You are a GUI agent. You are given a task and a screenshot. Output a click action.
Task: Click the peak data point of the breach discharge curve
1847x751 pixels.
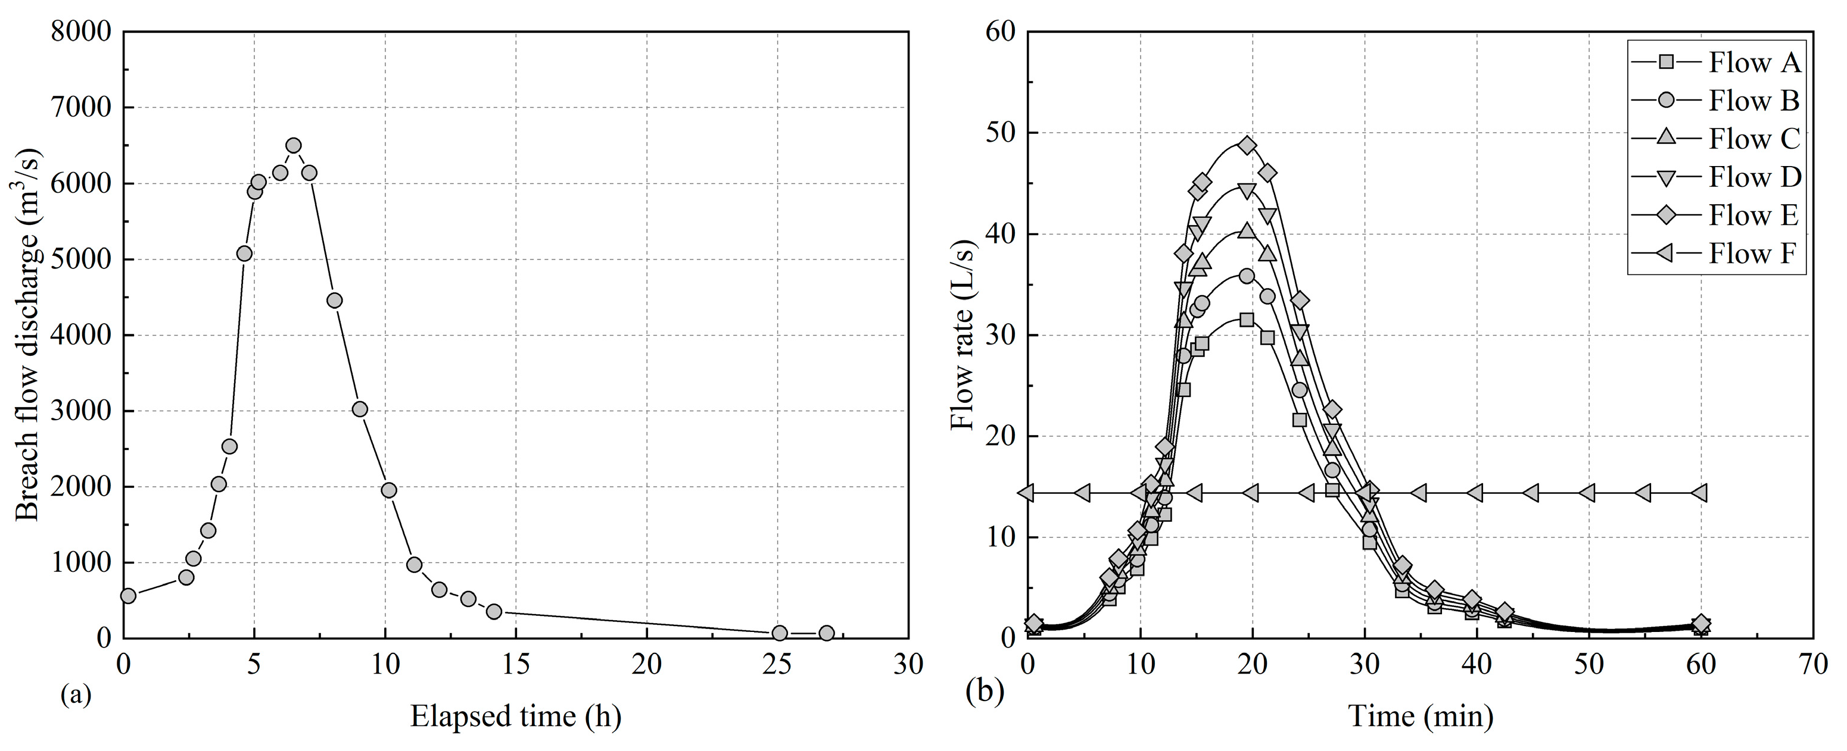coord(293,145)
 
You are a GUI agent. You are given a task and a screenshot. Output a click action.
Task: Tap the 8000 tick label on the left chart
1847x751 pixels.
coord(81,32)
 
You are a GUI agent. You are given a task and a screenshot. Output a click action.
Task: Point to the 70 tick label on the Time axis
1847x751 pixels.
coord(1813,665)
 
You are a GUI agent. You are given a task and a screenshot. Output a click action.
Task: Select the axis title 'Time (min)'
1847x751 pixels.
coord(1421,716)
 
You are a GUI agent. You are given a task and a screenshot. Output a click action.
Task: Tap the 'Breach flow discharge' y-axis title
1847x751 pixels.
coord(29,334)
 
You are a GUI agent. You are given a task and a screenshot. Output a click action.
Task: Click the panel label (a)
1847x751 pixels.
coord(77,694)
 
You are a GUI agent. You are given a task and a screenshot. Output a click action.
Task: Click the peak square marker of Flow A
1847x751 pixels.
coord(1247,320)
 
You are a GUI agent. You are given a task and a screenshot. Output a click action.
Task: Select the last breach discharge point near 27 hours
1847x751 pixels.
coord(826,633)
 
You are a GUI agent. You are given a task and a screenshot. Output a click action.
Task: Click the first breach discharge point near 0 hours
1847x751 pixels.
coord(128,596)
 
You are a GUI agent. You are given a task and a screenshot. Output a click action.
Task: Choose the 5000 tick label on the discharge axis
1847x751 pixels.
coord(81,259)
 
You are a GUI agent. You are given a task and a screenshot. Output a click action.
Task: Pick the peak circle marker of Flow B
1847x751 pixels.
coord(1247,276)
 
